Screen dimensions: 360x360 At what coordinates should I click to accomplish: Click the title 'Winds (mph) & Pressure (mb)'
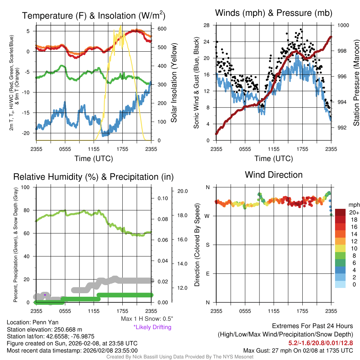coord(274,13)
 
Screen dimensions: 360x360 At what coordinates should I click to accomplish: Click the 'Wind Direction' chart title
coord(274,175)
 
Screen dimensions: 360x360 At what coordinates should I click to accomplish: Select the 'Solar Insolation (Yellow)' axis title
coord(174,83)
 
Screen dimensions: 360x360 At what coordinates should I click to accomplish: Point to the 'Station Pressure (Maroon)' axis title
coord(356,83)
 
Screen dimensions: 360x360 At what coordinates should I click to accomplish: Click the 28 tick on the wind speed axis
coord(207,25)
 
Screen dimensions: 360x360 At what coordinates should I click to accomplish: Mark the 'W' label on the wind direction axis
coord(207,216)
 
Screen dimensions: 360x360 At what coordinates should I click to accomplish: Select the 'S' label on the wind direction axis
coord(207,245)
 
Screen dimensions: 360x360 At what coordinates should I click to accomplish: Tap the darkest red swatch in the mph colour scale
coord(340,212)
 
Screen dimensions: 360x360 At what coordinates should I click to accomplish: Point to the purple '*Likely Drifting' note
coord(152,327)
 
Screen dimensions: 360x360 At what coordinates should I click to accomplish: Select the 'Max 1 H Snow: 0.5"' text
coord(147,319)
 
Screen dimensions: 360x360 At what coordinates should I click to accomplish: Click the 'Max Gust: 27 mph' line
coord(298,351)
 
